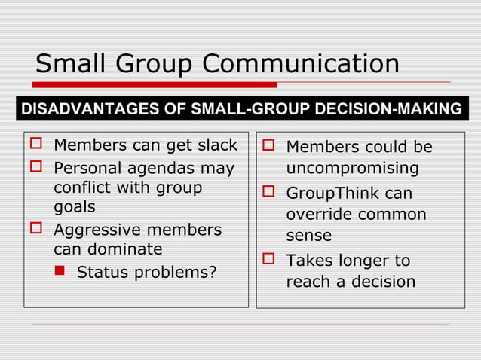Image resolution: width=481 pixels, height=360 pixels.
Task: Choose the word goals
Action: [x=74, y=207]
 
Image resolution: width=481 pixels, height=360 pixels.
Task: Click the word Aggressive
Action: [x=100, y=229]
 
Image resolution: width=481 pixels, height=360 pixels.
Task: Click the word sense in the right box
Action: [x=308, y=236]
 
